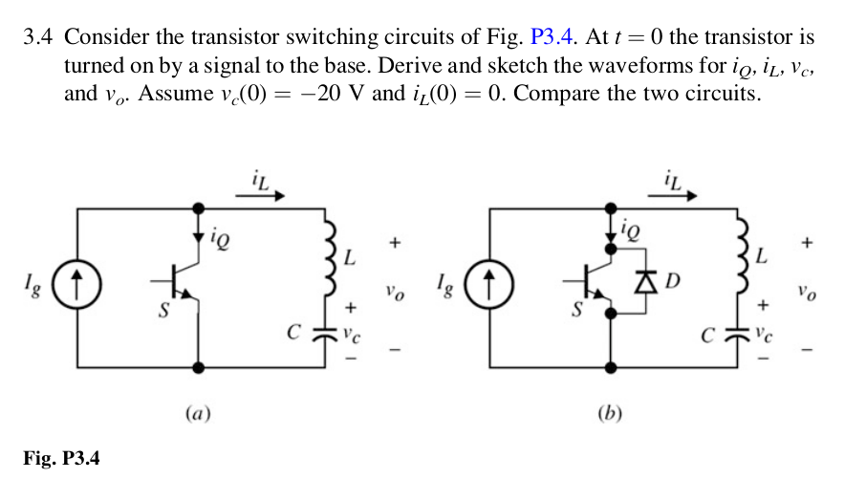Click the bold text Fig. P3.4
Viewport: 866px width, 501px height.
[61, 459]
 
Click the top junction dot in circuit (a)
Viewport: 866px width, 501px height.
[198, 206]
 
